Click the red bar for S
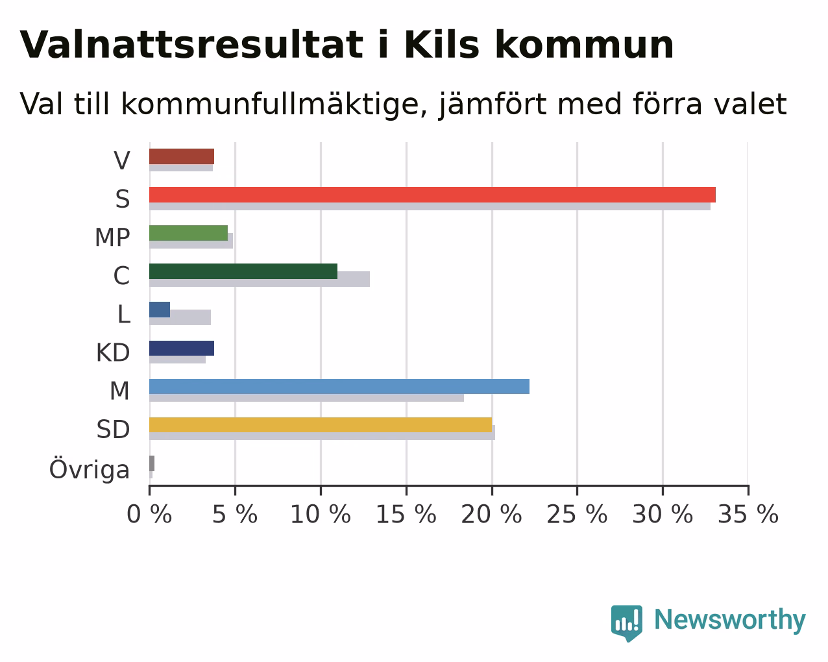(432, 195)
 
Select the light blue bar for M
(339, 386)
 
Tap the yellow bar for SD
(321, 425)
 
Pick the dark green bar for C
(243, 271)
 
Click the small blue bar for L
(160, 310)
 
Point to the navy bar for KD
(182, 349)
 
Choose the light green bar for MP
(189, 233)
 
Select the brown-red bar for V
(182, 156)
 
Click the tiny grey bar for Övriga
(152, 463)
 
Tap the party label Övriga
(90, 469)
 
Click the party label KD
(113, 352)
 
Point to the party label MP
(112, 237)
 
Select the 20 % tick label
(491, 515)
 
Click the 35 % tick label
(748, 515)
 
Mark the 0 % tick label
(149, 515)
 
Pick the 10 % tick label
(321, 515)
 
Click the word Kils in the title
(442, 45)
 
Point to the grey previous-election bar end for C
(369, 279)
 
